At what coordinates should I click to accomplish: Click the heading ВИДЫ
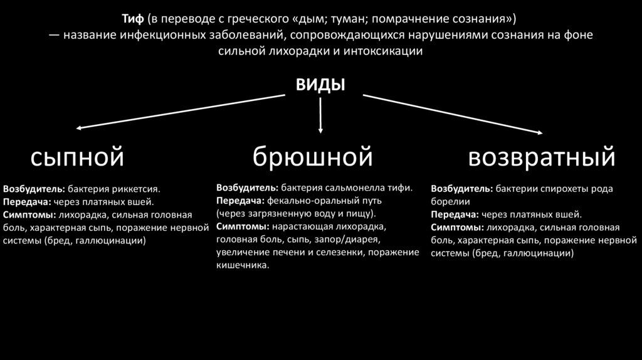coord(320,85)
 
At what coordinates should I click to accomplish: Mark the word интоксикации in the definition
coord(384,51)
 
